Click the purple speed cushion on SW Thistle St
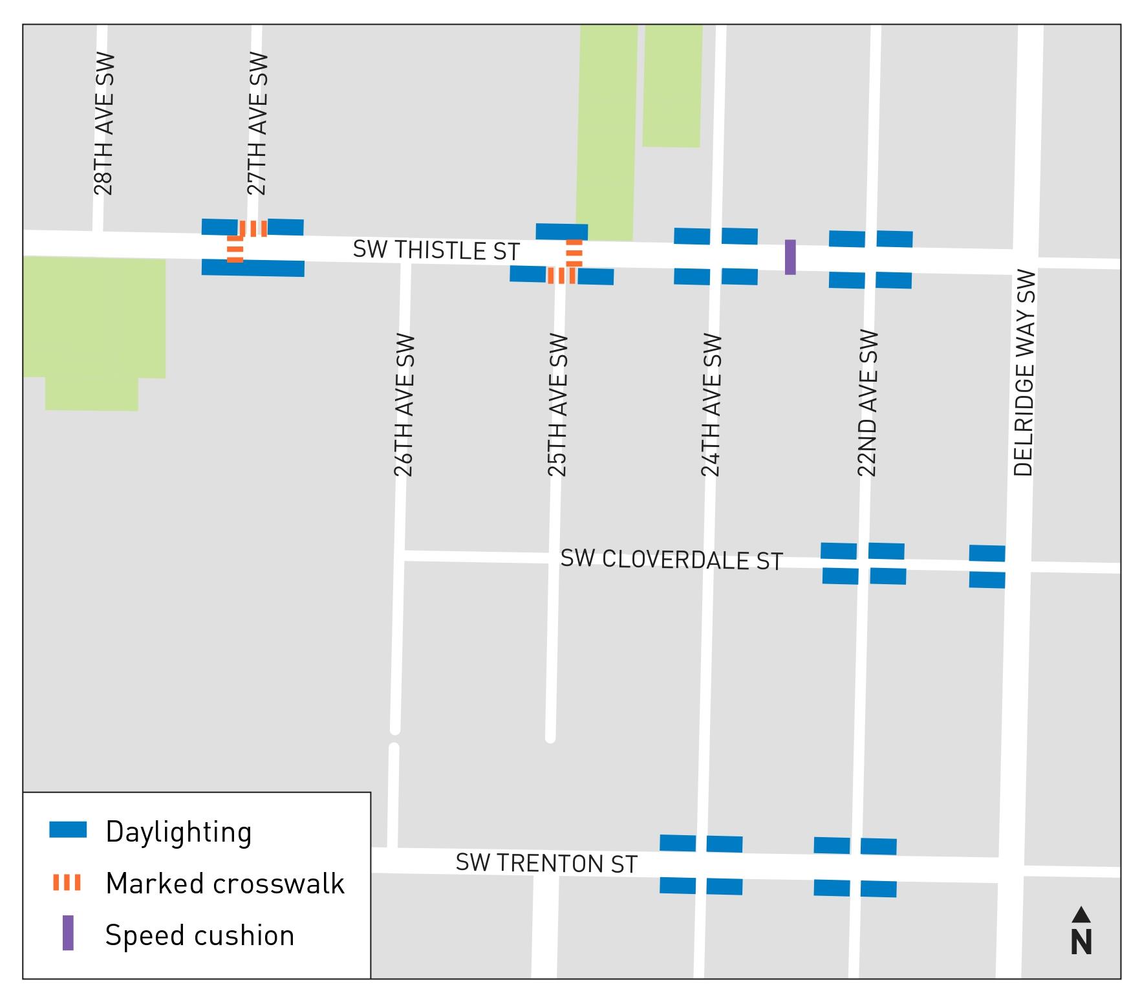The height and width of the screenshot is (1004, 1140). (790, 257)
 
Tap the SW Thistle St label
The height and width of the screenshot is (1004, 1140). (436, 250)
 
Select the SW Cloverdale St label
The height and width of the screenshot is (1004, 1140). (671, 560)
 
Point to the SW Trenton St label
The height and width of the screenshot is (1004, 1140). (546, 863)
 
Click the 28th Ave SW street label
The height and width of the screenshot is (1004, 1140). (103, 123)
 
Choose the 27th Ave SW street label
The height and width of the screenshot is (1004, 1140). (257, 123)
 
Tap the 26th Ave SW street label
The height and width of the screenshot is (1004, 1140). (404, 405)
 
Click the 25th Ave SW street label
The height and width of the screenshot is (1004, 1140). (557, 405)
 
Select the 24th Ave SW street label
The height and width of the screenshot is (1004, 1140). (711, 405)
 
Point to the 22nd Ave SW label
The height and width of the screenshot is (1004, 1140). (867, 404)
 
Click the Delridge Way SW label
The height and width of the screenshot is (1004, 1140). (1025, 373)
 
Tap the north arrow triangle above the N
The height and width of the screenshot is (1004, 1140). (1081, 914)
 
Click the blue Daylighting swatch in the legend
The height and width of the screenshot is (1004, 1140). (68, 830)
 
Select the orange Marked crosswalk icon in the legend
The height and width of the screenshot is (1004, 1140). (67, 882)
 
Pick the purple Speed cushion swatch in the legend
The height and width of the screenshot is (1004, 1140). (68, 933)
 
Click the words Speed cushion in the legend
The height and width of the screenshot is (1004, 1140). (200, 935)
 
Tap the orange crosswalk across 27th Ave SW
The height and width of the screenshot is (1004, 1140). (253, 228)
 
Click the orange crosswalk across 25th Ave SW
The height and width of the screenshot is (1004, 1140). (561, 276)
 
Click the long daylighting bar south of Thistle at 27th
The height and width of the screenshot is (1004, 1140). (253, 268)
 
